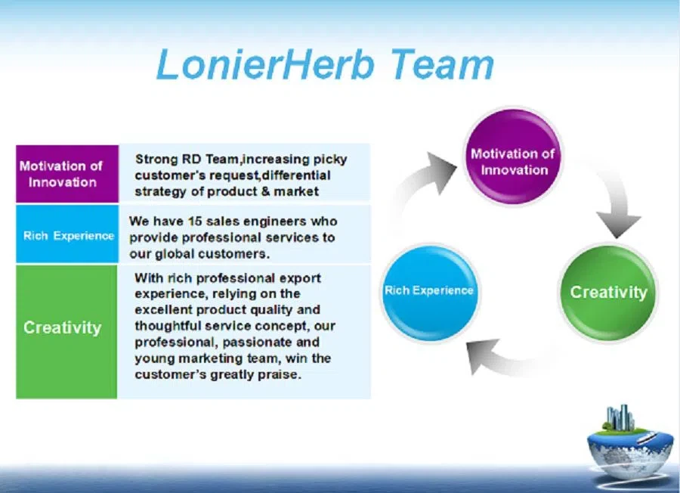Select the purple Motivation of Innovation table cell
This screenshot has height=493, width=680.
(x=67, y=174)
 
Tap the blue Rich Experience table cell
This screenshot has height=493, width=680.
(x=67, y=235)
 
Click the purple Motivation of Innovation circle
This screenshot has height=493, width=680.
(x=514, y=157)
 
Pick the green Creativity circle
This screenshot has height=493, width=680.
(x=608, y=292)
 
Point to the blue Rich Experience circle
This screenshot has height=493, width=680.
(x=429, y=290)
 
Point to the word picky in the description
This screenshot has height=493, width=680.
(x=331, y=159)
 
